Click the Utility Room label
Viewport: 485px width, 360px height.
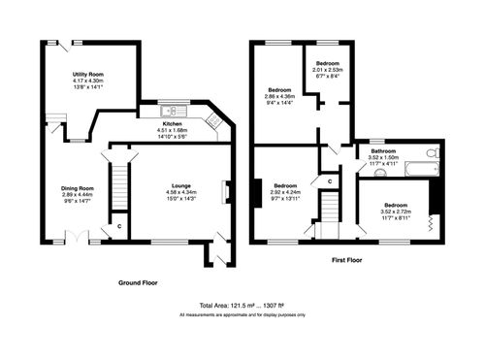[87, 74]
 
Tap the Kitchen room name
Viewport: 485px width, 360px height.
[172, 124]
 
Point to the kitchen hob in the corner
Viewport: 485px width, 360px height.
[214, 121]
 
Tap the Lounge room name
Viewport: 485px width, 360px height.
[179, 185]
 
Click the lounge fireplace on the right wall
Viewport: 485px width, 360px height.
[227, 192]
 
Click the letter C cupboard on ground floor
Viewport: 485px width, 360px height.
[118, 226]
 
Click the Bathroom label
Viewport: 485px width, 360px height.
[380, 150]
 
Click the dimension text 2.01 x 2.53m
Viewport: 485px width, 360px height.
[329, 70]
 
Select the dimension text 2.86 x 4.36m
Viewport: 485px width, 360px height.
[280, 96]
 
